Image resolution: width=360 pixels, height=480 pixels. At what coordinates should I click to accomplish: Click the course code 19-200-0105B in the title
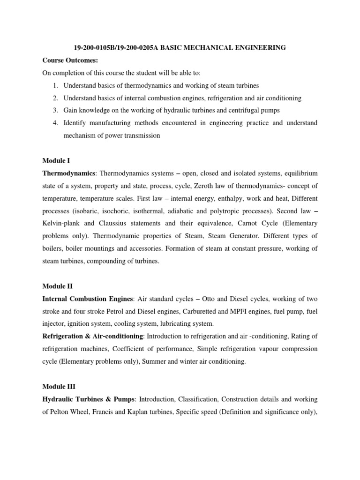click(96, 48)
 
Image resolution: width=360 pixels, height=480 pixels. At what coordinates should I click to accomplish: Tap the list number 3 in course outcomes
click(54, 111)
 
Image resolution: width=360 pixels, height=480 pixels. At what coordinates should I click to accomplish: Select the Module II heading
click(58, 285)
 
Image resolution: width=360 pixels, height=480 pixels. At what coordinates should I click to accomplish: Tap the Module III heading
click(59, 386)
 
